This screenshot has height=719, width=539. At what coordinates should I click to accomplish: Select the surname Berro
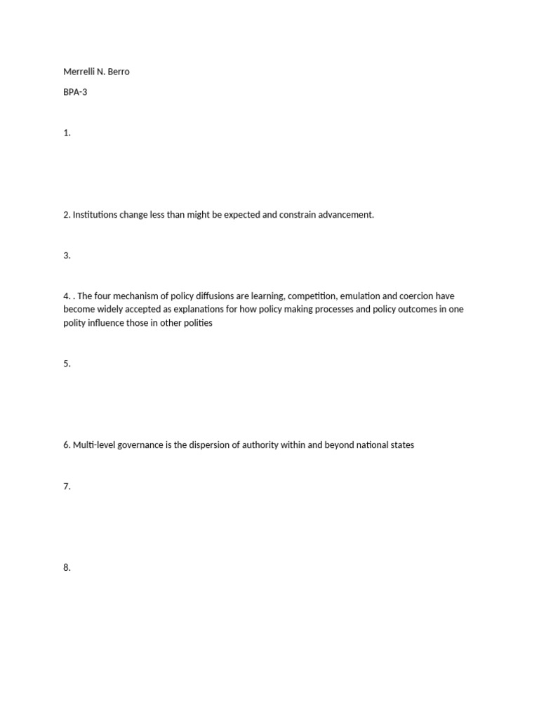click(118, 72)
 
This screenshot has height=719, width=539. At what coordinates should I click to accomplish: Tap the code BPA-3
click(75, 92)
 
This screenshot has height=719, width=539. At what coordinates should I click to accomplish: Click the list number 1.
click(67, 133)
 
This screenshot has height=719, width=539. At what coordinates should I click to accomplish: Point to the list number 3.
click(67, 256)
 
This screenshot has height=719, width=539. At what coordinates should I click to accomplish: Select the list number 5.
click(67, 364)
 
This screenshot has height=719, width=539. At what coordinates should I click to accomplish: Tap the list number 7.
click(67, 486)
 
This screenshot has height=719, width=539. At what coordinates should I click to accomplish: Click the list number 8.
click(67, 567)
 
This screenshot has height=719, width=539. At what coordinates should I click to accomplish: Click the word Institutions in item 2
click(95, 215)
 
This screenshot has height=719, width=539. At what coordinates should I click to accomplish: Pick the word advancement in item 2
click(345, 215)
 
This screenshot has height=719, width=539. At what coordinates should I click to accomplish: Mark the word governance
click(142, 445)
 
